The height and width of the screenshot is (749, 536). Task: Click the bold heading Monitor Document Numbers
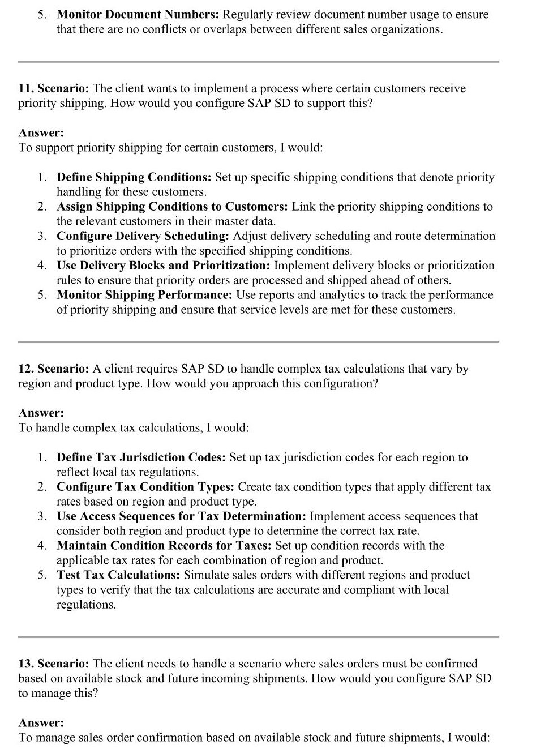(x=138, y=15)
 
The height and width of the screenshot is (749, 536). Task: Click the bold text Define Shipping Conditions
(x=134, y=177)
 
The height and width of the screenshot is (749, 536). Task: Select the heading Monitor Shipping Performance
(x=144, y=295)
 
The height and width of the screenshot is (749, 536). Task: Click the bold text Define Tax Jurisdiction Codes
(x=141, y=457)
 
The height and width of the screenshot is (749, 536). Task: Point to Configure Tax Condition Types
(x=145, y=487)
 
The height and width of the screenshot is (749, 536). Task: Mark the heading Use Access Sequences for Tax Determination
(x=181, y=516)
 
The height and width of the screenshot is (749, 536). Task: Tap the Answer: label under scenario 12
(x=41, y=413)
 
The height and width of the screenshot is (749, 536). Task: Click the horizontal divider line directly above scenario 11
(x=258, y=62)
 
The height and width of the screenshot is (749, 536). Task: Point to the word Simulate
(x=207, y=575)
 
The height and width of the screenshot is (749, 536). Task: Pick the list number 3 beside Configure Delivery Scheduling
(x=42, y=236)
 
